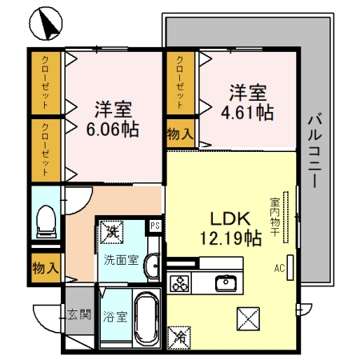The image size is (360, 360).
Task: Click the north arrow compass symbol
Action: (46, 23)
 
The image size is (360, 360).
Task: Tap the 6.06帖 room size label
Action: (113, 130)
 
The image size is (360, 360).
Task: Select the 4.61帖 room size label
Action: (247, 113)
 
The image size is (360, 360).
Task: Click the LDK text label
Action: (230, 218)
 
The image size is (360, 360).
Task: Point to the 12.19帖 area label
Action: (230, 238)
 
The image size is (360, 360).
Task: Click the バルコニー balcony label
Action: (315, 150)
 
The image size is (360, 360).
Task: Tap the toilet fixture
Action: (46, 222)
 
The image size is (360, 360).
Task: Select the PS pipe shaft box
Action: (155, 226)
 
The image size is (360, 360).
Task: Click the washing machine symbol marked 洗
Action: (111, 232)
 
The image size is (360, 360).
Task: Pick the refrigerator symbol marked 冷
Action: (179, 338)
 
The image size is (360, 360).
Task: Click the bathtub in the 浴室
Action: (146, 318)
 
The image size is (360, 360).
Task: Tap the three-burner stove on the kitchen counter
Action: (180, 283)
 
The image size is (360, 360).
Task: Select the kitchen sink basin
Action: (226, 283)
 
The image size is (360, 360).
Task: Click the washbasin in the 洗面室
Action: (152, 266)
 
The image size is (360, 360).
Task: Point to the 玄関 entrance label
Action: (79, 314)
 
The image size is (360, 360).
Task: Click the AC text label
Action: (279, 268)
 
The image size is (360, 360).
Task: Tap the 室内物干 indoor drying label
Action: (274, 217)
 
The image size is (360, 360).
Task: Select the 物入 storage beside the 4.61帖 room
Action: (180, 134)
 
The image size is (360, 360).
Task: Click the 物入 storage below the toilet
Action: (46, 268)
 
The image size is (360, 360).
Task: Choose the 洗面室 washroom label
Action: (122, 260)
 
